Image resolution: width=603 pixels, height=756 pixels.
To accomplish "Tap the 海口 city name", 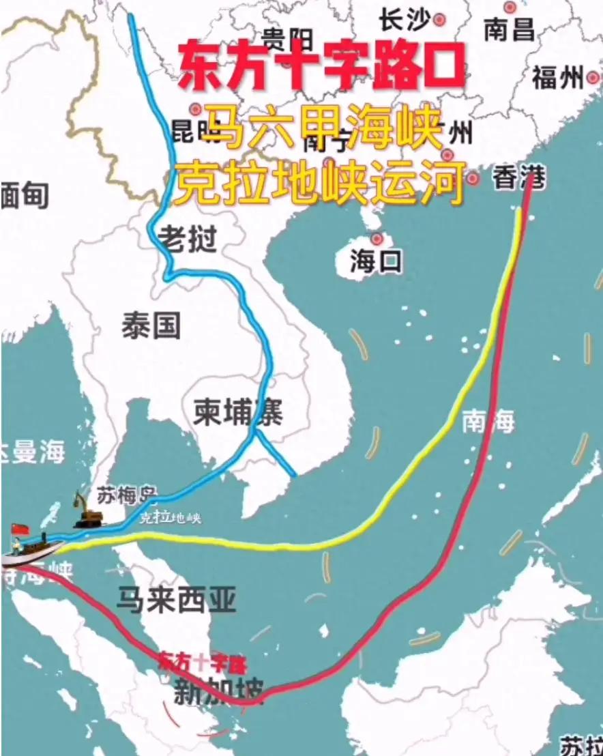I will click(x=377, y=262).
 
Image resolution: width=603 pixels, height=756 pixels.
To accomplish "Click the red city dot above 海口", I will click(x=377, y=238).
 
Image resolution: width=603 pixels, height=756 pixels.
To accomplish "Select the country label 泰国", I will click(x=151, y=326).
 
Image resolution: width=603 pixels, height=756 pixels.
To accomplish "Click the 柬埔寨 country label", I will click(x=237, y=413).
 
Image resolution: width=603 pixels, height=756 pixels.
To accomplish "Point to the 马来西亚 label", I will click(x=176, y=600).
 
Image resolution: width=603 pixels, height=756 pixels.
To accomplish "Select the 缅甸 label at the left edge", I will click(x=25, y=197).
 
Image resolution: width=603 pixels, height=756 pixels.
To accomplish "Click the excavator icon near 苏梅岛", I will click(x=87, y=512).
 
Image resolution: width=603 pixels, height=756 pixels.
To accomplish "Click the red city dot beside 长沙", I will click(x=439, y=20).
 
